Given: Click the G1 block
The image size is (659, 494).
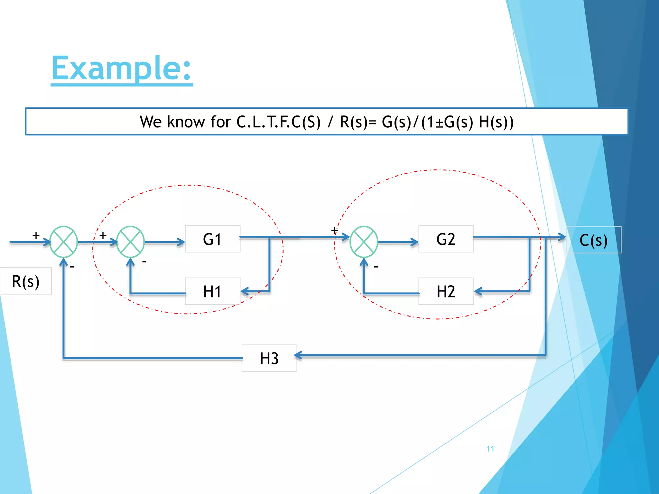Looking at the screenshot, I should [212, 239].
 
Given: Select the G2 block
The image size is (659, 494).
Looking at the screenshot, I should [446, 239].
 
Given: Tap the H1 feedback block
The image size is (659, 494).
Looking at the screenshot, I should [212, 291].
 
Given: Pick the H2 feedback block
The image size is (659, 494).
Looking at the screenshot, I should [446, 291].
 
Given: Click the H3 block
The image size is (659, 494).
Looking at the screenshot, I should [269, 358].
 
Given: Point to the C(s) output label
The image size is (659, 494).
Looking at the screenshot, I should [593, 240].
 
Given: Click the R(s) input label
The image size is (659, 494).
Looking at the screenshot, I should [25, 281].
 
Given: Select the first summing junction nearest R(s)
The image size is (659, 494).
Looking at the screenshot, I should [64, 242].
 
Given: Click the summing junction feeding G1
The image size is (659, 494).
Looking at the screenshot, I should [130, 242].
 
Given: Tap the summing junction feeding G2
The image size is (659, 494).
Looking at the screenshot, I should [364, 242].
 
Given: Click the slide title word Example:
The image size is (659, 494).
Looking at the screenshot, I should [122, 68].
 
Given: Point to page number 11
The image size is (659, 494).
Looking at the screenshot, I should [490, 449].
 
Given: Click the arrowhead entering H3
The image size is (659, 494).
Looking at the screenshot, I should [298, 355].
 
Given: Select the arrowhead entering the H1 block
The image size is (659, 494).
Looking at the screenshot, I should [245, 291].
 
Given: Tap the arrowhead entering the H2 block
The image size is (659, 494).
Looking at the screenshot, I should [478, 291].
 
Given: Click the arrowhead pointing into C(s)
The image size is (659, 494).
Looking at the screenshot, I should [562, 237].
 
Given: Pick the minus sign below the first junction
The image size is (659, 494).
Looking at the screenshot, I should [72, 267].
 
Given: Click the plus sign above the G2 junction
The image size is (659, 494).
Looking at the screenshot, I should [334, 230].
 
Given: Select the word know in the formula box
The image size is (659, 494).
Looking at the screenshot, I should [186, 122].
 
